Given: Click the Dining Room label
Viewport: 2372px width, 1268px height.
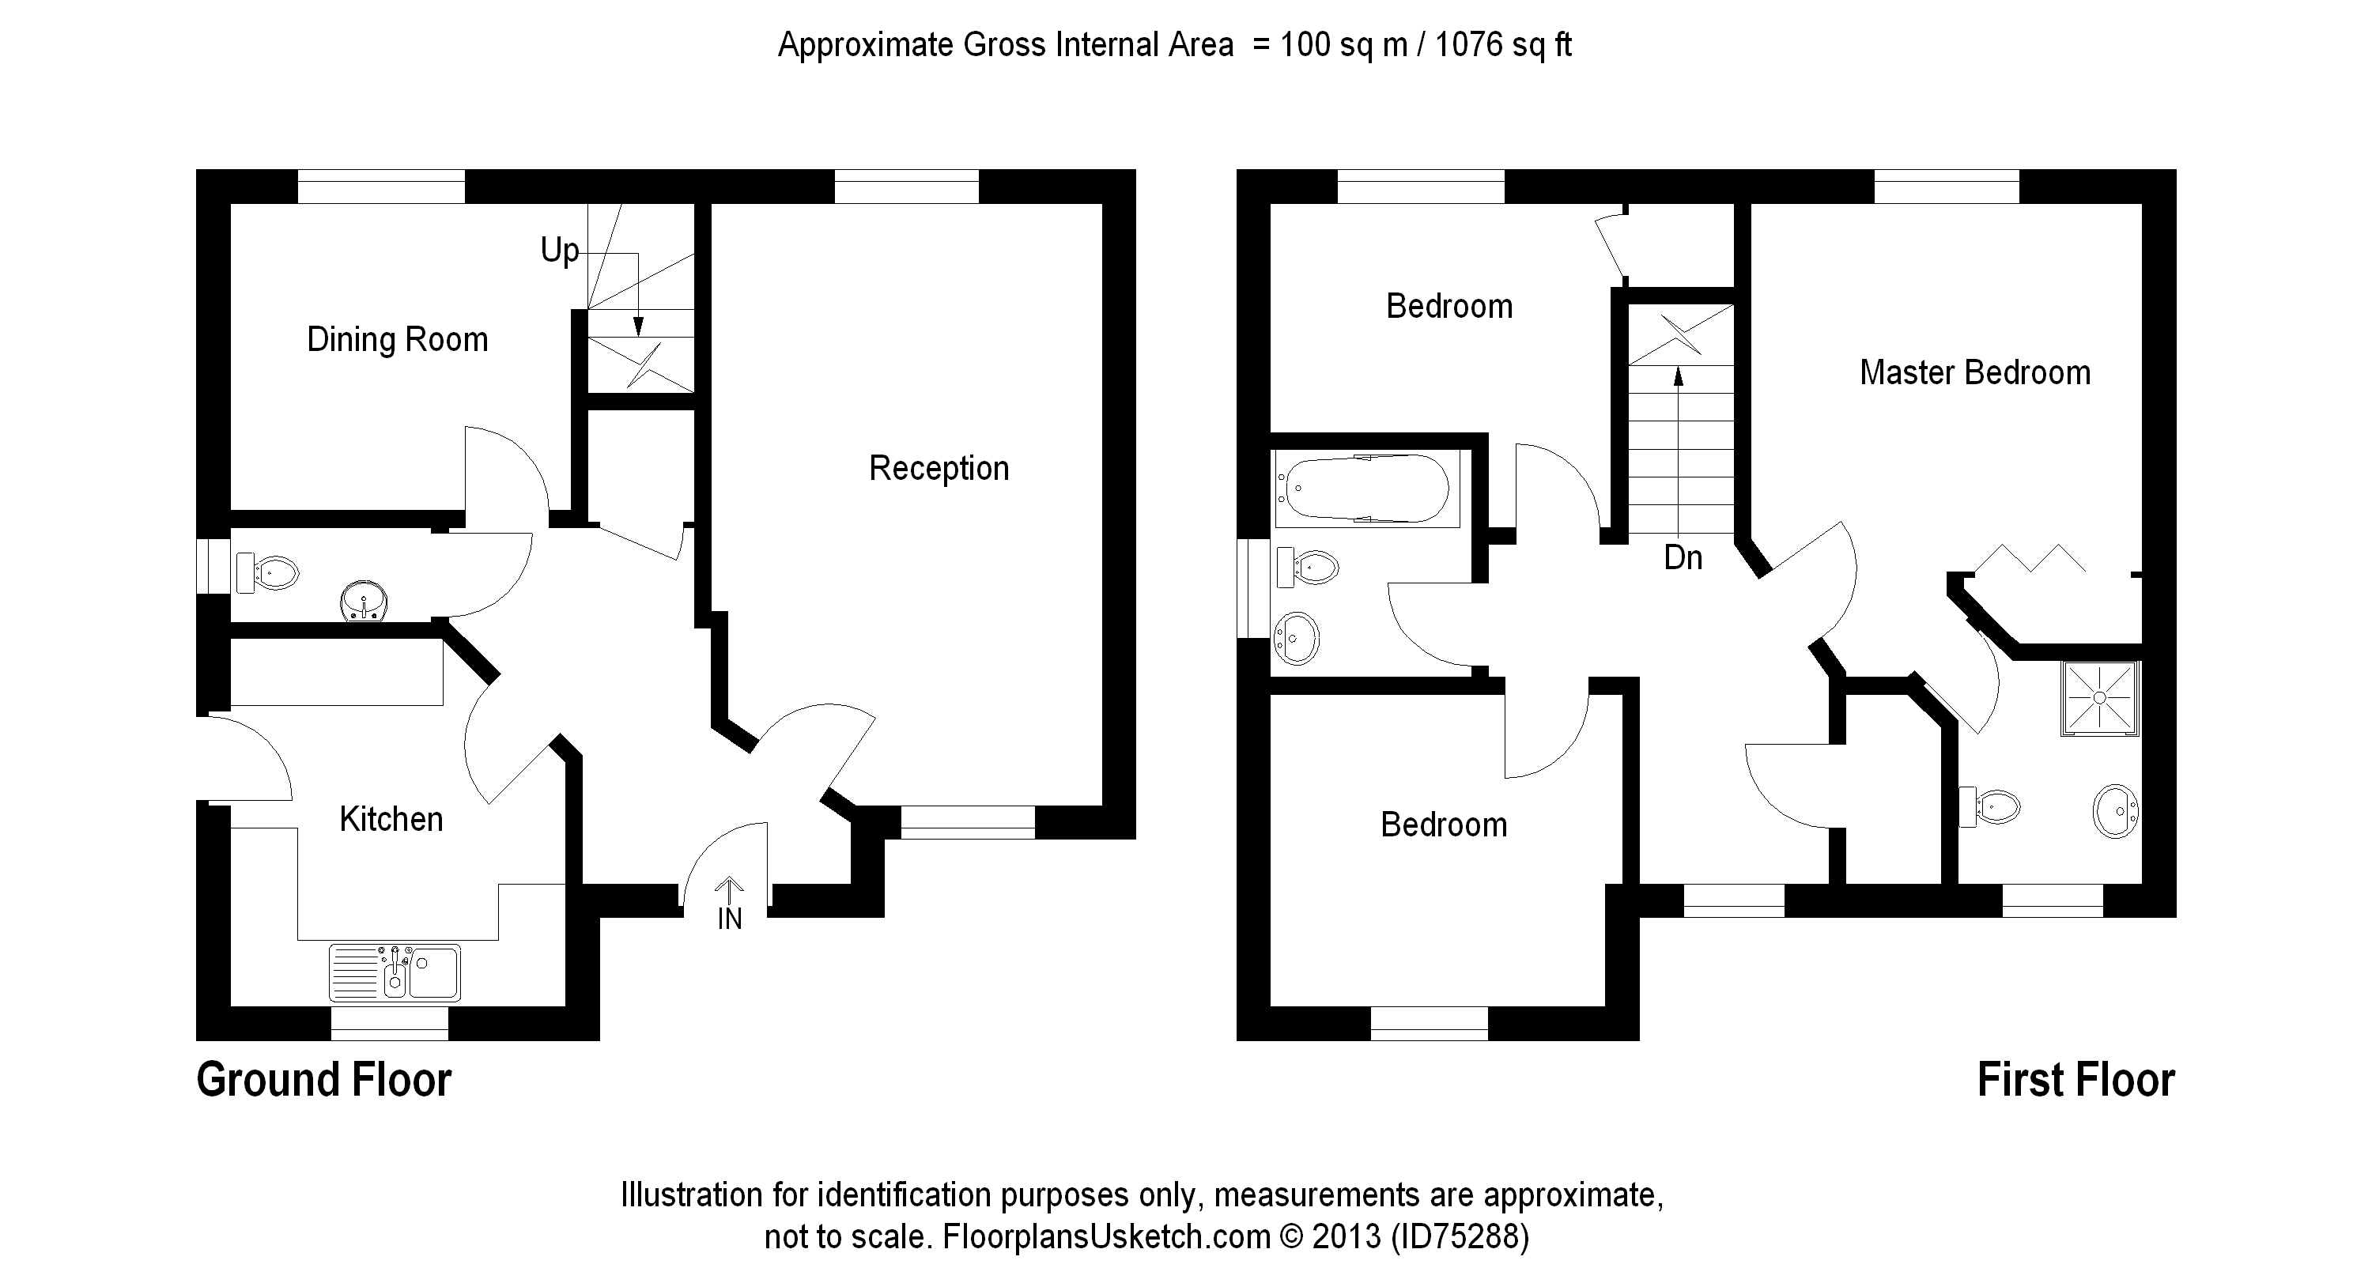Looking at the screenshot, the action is [397, 340].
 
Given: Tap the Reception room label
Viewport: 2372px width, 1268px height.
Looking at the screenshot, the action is [939, 469].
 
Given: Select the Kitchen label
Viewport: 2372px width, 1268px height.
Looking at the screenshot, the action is [391, 820].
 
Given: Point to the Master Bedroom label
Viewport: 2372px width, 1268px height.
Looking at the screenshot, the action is [1974, 373].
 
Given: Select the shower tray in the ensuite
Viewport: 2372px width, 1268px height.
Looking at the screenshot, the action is [2099, 698].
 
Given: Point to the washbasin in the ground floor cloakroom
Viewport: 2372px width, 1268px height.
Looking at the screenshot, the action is [364, 602].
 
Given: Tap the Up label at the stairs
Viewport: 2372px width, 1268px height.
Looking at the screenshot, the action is [559, 251].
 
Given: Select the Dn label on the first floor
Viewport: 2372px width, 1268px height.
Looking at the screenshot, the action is [1683, 558].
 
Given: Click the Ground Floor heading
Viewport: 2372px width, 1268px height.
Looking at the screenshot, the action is [324, 1080].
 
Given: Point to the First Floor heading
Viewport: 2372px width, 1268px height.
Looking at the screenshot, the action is [2075, 1080].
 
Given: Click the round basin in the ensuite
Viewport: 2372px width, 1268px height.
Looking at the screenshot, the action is [2115, 810].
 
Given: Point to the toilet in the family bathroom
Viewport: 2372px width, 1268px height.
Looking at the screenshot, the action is [1308, 568].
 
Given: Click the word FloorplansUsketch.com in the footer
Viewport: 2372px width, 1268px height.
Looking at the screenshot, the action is [1106, 1236].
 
